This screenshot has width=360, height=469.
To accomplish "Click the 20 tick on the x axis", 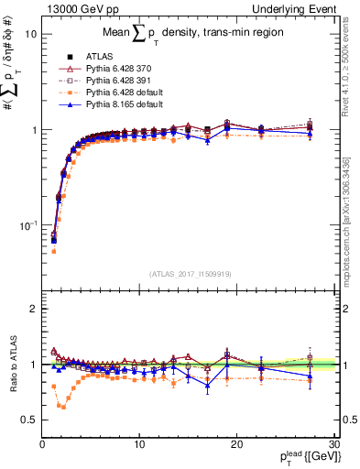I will (235, 445).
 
